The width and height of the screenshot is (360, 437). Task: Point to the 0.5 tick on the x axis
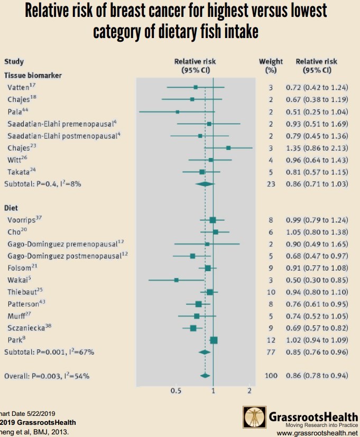coord(176,390)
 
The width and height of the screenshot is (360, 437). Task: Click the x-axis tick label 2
coord(249,390)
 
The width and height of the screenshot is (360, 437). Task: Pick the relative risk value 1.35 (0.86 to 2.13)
coord(317,147)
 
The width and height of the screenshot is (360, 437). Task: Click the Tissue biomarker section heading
coord(33,76)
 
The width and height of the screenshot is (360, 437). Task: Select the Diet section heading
coord(12,208)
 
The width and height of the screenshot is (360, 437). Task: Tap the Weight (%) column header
coord(271,66)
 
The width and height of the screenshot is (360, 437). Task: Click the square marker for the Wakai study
coord(177,280)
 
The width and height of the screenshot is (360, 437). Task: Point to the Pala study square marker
coord(178,111)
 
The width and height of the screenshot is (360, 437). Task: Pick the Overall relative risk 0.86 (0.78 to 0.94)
coord(317,376)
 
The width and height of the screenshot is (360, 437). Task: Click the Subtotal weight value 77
coord(271,351)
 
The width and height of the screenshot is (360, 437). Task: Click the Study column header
coord(14,62)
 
